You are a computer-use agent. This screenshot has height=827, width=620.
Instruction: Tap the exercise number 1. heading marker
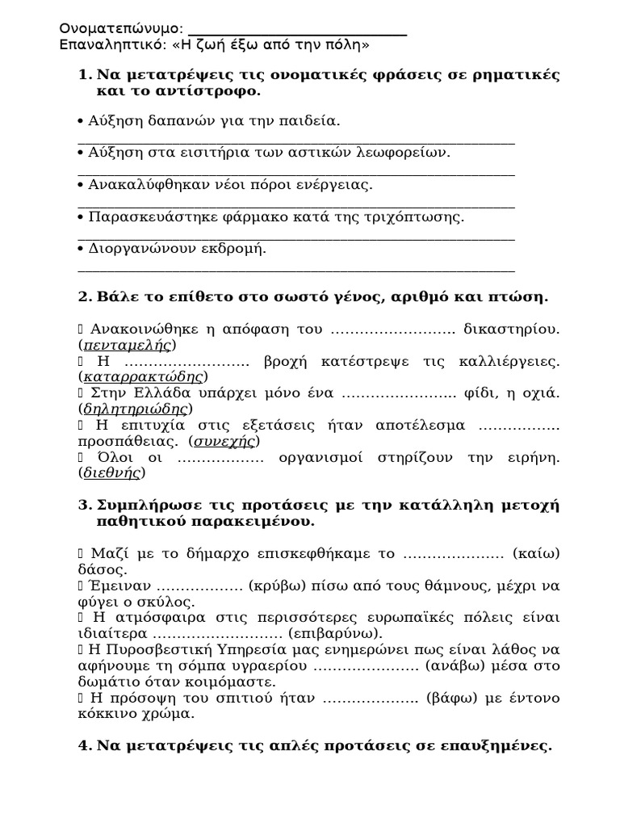[x=86, y=75]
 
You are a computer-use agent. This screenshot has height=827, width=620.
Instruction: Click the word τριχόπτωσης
[x=423, y=217]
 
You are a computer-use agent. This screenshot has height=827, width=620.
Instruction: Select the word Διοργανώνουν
[x=137, y=249]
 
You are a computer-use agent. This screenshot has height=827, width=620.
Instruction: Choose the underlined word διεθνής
[x=113, y=473]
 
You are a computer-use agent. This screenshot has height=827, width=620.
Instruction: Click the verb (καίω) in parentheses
[x=536, y=553]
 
